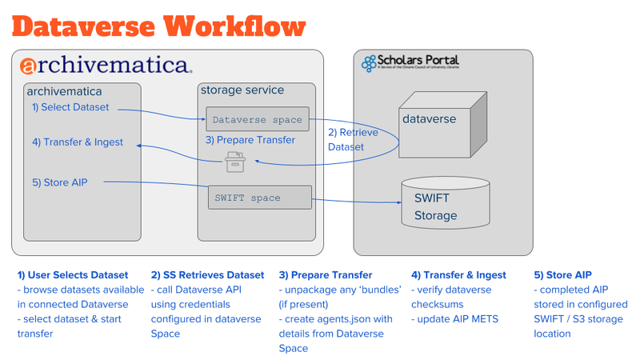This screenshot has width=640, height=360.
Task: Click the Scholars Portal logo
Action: pyautogui.click(x=410, y=63)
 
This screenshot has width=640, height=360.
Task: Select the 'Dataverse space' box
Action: pyautogui.click(x=257, y=120)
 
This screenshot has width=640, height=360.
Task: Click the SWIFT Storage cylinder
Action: pyautogui.click(x=444, y=203)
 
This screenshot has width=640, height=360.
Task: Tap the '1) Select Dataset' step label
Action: pyautogui.click(x=70, y=107)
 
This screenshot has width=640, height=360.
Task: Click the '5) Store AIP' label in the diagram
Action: pyautogui.click(x=60, y=182)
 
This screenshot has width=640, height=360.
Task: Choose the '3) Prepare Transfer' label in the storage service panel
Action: pyautogui.click(x=250, y=140)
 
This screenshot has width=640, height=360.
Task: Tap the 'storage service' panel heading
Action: pyautogui.click(x=242, y=90)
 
